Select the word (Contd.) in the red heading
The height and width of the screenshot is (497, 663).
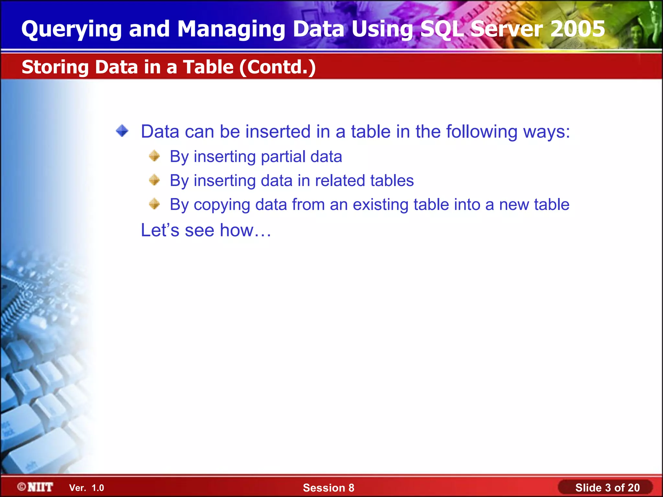[277, 67]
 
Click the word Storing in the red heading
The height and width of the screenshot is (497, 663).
[55, 67]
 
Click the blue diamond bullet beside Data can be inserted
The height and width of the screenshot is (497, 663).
[122, 131]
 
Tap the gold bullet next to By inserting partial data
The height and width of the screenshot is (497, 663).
[154, 156]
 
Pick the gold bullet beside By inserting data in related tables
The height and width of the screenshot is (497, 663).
[154, 180]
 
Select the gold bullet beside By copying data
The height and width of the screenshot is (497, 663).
[154, 204]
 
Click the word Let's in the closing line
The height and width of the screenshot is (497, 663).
[160, 230]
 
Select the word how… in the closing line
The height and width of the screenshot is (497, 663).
[245, 230]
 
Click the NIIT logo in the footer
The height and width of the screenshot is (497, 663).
[36, 487]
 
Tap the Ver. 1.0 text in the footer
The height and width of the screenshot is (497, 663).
[86, 488]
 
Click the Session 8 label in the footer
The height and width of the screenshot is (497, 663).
[328, 488]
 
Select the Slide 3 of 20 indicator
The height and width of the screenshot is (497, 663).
[607, 488]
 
